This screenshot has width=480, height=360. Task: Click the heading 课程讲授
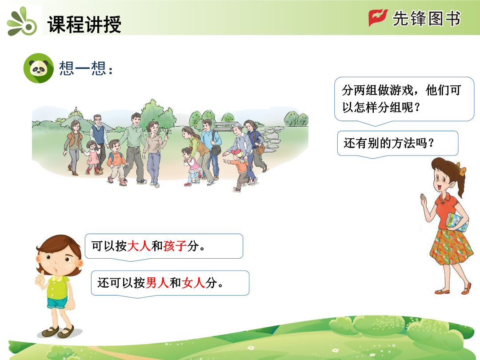(84, 24)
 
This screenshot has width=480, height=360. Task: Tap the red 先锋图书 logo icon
(378, 18)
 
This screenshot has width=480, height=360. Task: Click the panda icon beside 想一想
(39, 68)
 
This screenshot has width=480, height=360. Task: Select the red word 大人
(139, 246)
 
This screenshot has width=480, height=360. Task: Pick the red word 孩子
(175, 246)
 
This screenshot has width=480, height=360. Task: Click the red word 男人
(157, 283)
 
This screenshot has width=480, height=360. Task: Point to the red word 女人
(193, 283)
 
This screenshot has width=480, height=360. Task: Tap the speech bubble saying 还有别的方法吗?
(398, 143)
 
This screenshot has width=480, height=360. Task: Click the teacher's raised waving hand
(424, 200)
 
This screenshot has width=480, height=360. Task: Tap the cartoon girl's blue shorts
(57, 303)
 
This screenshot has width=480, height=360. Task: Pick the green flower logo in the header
(21, 22)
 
